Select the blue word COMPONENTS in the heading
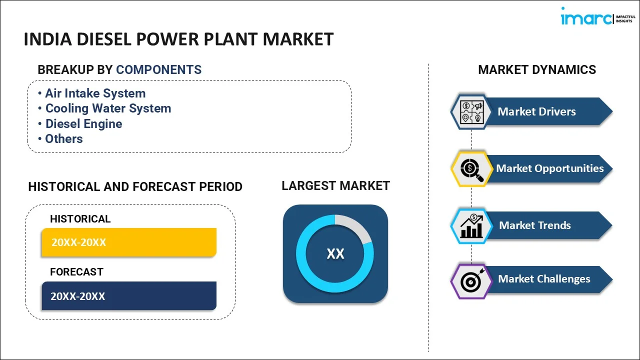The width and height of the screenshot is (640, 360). (x=158, y=69)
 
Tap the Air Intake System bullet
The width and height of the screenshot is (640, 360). (x=92, y=93)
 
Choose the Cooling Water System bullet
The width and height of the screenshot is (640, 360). (x=104, y=108)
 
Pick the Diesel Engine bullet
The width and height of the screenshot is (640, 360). (x=80, y=124)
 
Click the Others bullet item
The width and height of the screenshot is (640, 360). (x=60, y=139)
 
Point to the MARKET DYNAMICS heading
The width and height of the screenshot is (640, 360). (x=537, y=69)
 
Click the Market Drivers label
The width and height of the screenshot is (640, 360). (x=536, y=111)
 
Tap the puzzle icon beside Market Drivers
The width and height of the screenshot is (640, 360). (x=471, y=112)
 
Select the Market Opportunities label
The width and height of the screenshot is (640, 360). (x=549, y=168)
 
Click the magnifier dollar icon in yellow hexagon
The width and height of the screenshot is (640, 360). (x=471, y=169)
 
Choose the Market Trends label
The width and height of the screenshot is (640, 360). (x=535, y=225)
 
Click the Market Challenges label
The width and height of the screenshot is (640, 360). (x=544, y=279)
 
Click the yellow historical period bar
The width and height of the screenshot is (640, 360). (x=129, y=242)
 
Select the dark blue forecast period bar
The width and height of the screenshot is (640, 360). (x=129, y=296)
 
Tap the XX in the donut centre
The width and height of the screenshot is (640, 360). (x=335, y=253)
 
